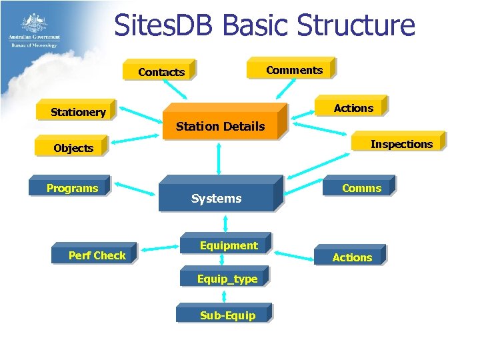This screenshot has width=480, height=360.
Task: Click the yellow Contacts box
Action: point(161,71)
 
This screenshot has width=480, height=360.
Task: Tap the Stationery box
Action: point(78,111)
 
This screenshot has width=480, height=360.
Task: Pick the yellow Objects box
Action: point(73,147)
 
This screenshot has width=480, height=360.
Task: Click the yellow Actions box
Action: point(353,107)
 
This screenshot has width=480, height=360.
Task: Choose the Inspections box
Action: point(400,143)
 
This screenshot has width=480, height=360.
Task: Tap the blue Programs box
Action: point(72,188)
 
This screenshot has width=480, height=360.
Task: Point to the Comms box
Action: point(361,187)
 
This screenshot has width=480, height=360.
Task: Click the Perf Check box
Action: point(97,255)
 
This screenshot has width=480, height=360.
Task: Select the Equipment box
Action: point(228,245)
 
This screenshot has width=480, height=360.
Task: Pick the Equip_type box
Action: point(227,279)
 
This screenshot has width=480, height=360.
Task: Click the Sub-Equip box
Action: point(227,315)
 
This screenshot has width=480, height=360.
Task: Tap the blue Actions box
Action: point(352,257)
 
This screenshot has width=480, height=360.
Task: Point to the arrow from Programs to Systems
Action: point(135,189)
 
